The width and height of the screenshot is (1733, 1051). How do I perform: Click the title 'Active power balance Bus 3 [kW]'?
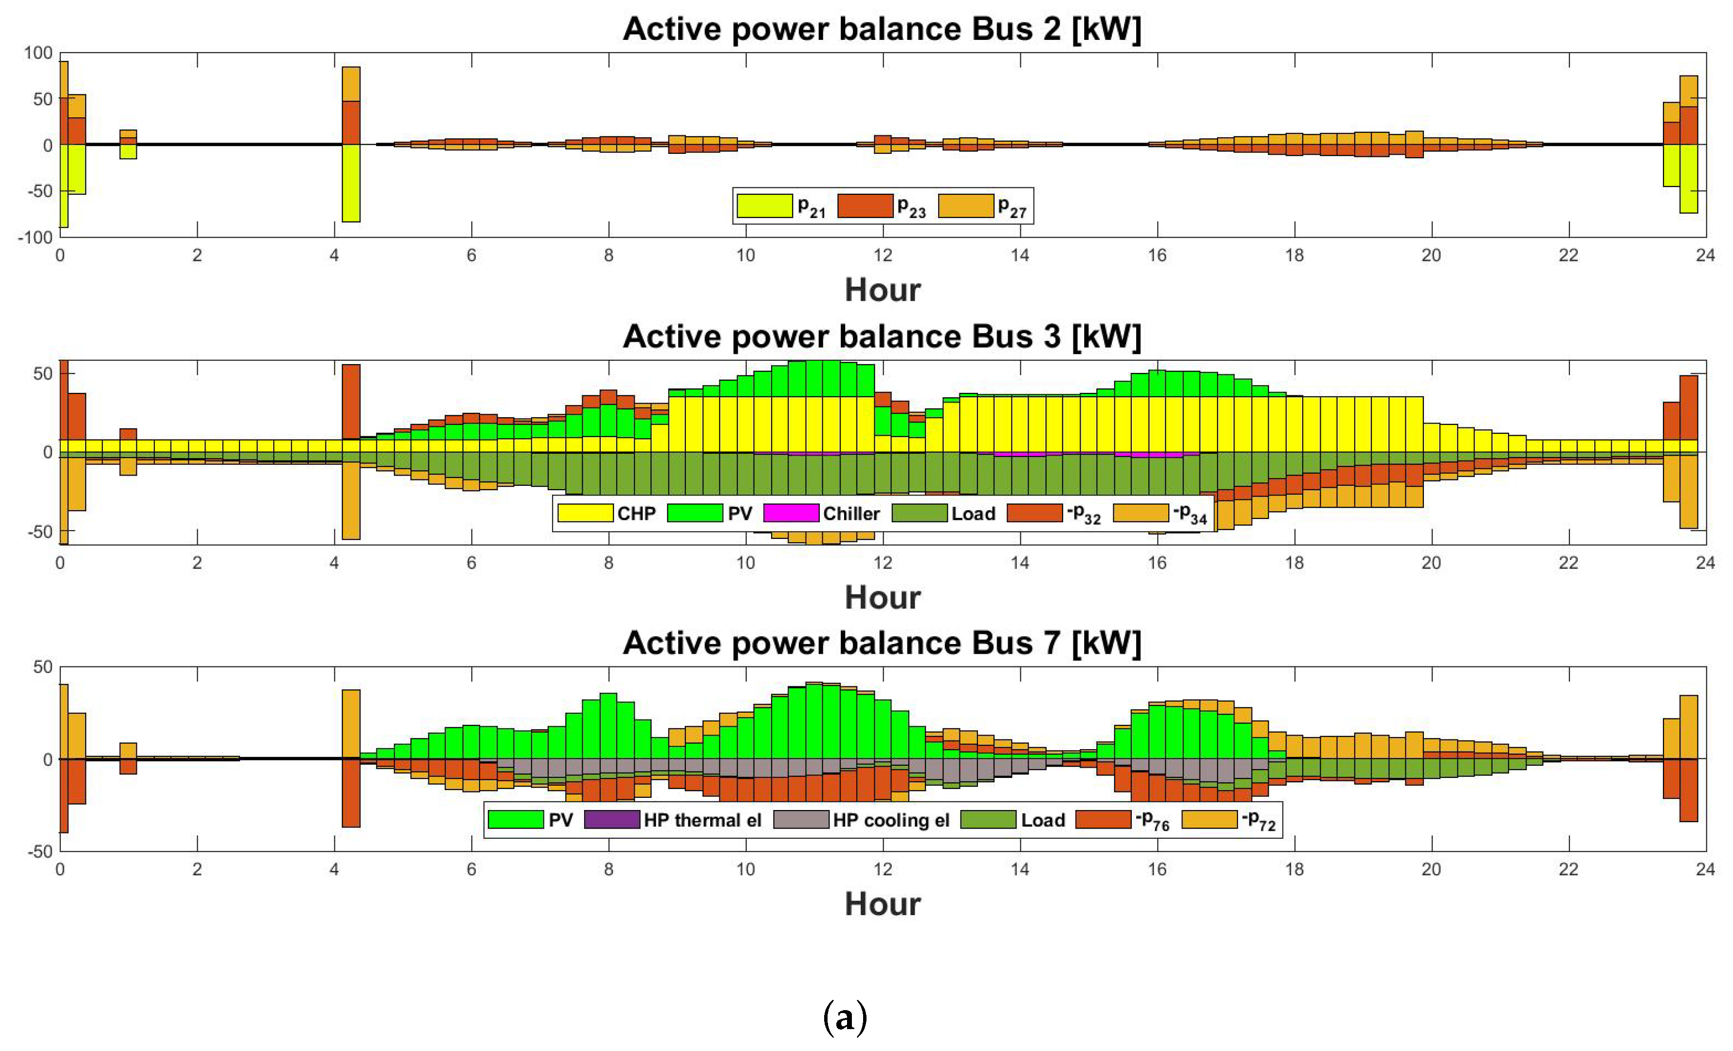[x=882, y=337]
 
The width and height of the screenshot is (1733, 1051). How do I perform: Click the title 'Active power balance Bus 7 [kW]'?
[x=882, y=644]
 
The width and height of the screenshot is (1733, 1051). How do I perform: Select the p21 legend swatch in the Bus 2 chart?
[x=765, y=205]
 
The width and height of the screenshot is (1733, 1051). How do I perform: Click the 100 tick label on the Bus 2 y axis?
[x=38, y=54]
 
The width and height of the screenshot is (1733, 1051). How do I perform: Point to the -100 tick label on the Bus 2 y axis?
[x=35, y=238]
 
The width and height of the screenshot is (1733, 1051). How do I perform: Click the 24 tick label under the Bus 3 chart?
[x=1705, y=563]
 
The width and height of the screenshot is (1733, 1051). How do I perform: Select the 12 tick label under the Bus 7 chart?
[x=883, y=869]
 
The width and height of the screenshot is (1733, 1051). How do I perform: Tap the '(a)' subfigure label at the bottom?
[x=845, y=1018]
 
